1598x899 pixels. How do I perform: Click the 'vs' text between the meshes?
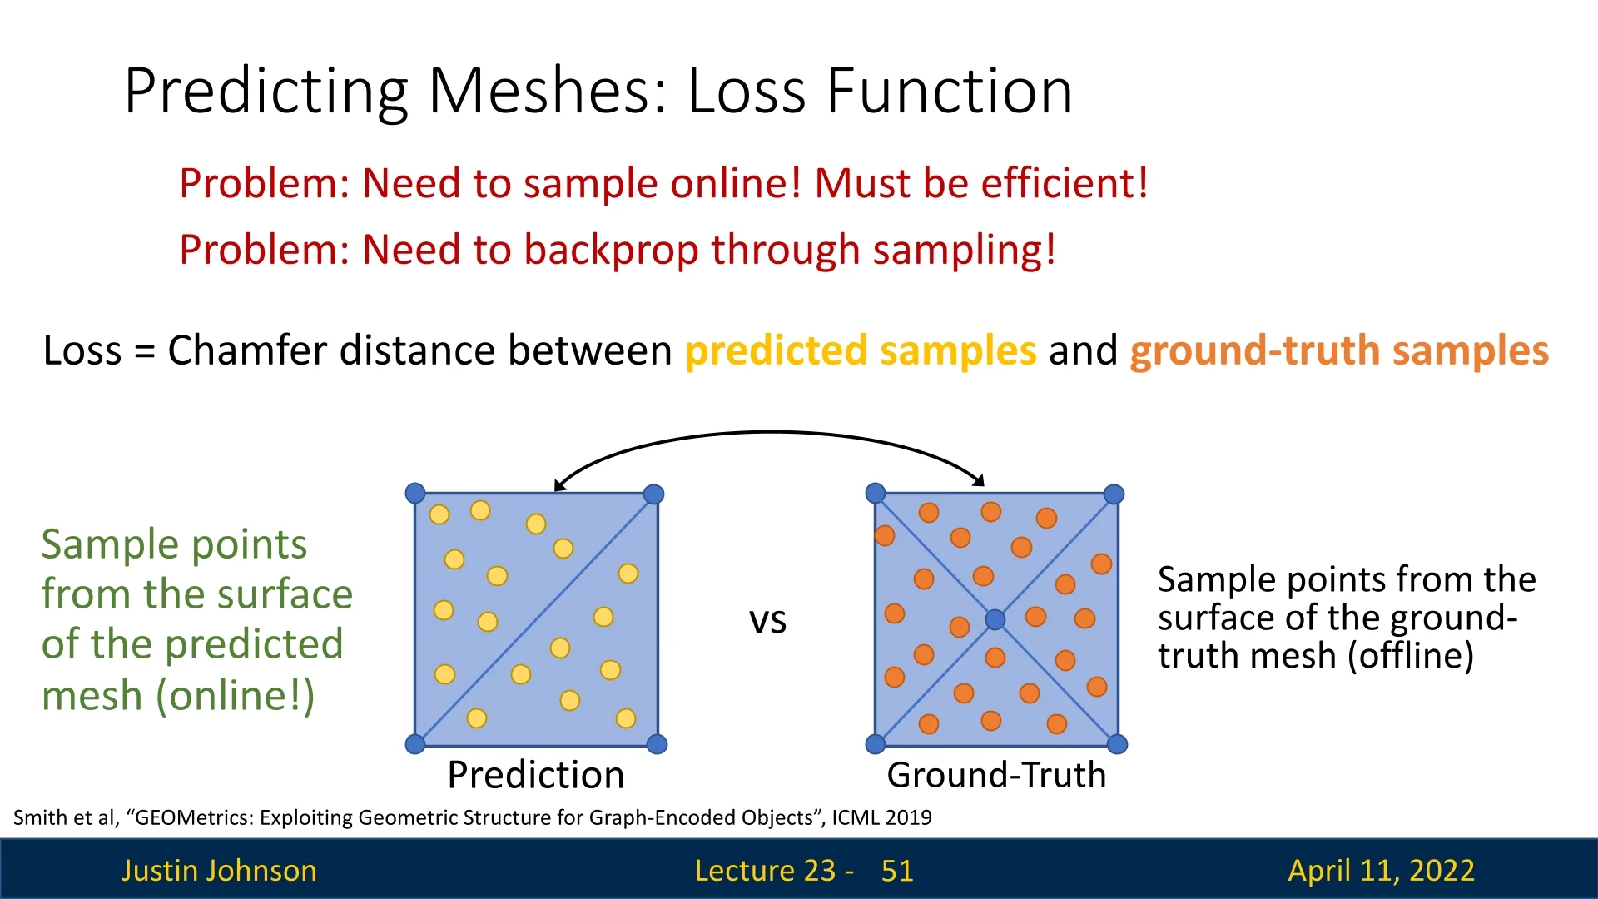pyautogui.click(x=767, y=621)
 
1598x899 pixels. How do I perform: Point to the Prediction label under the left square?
pyautogui.click(x=535, y=775)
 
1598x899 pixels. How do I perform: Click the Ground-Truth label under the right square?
pyautogui.click(x=996, y=775)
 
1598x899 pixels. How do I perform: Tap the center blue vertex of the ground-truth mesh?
pyautogui.click(x=995, y=619)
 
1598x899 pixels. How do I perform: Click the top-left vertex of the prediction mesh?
pyautogui.click(x=415, y=494)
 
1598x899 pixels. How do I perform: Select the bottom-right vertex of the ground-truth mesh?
pyautogui.click(x=1118, y=744)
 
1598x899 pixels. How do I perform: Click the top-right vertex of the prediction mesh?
pyautogui.click(x=654, y=494)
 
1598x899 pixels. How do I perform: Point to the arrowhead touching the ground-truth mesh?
pyautogui.click(x=980, y=480)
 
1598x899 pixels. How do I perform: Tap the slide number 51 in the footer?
pyautogui.click(x=897, y=871)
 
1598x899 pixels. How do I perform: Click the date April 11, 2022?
pyautogui.click(x=1382, y=871)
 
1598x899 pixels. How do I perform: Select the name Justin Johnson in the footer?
pyautogui.click(x=219, y=871)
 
